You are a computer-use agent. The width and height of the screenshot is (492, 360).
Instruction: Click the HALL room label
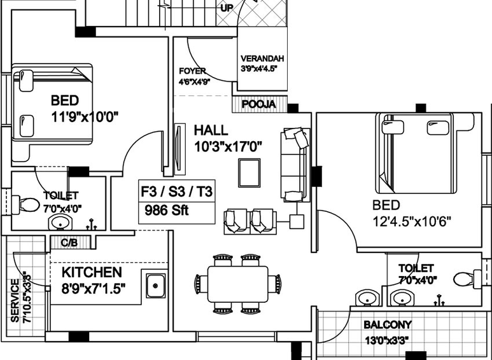pyautogui.click(x=211, y=130)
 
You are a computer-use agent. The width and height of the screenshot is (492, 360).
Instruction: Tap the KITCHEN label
pyautogui.click(x=92, y=272)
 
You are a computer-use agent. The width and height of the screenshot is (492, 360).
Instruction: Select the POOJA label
pyautogui.click(x=259, y=104)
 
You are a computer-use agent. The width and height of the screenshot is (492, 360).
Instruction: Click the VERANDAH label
pyautogui.click(x=262, y=59)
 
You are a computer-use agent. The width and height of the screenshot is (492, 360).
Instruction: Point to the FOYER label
pyautogui.click(x=192, y=71)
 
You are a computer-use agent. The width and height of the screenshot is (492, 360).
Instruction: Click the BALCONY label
pyautogui.click(x=388, y=325)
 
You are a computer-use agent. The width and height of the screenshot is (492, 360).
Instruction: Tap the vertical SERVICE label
pyautogui.click(x=15, y=301)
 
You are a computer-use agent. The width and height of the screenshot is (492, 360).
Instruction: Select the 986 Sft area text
pyautogui.click(x=167, y=210)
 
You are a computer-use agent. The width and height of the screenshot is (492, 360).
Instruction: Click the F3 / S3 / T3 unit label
pyautogui.click(x=177, y=191)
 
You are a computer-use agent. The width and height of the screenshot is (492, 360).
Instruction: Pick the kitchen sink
pyautogui.click(x=155, y=286)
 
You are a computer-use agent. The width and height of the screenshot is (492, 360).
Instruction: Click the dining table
pyautogui.click(x=238, y=284)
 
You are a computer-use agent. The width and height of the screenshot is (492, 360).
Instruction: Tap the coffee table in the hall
pyautogui.click(x=249, y=173)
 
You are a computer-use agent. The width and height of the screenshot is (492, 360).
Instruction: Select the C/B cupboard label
pyautogui.click(x=69, y=243)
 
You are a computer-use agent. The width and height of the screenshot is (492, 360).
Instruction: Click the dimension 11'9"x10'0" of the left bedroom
pyautogui.click(x=85, y=117)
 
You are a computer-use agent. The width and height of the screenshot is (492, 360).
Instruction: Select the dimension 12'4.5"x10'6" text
pyautogui.click(x=412, y=222)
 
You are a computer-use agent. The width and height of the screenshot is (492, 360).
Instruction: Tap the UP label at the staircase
pyautogui.click(x=227, y=8)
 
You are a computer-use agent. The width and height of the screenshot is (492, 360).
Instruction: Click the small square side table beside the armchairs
pyautogui.click(x=297, y=222)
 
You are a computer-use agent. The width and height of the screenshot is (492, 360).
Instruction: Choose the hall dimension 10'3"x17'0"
pyautogui.click(x=228, y=146)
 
